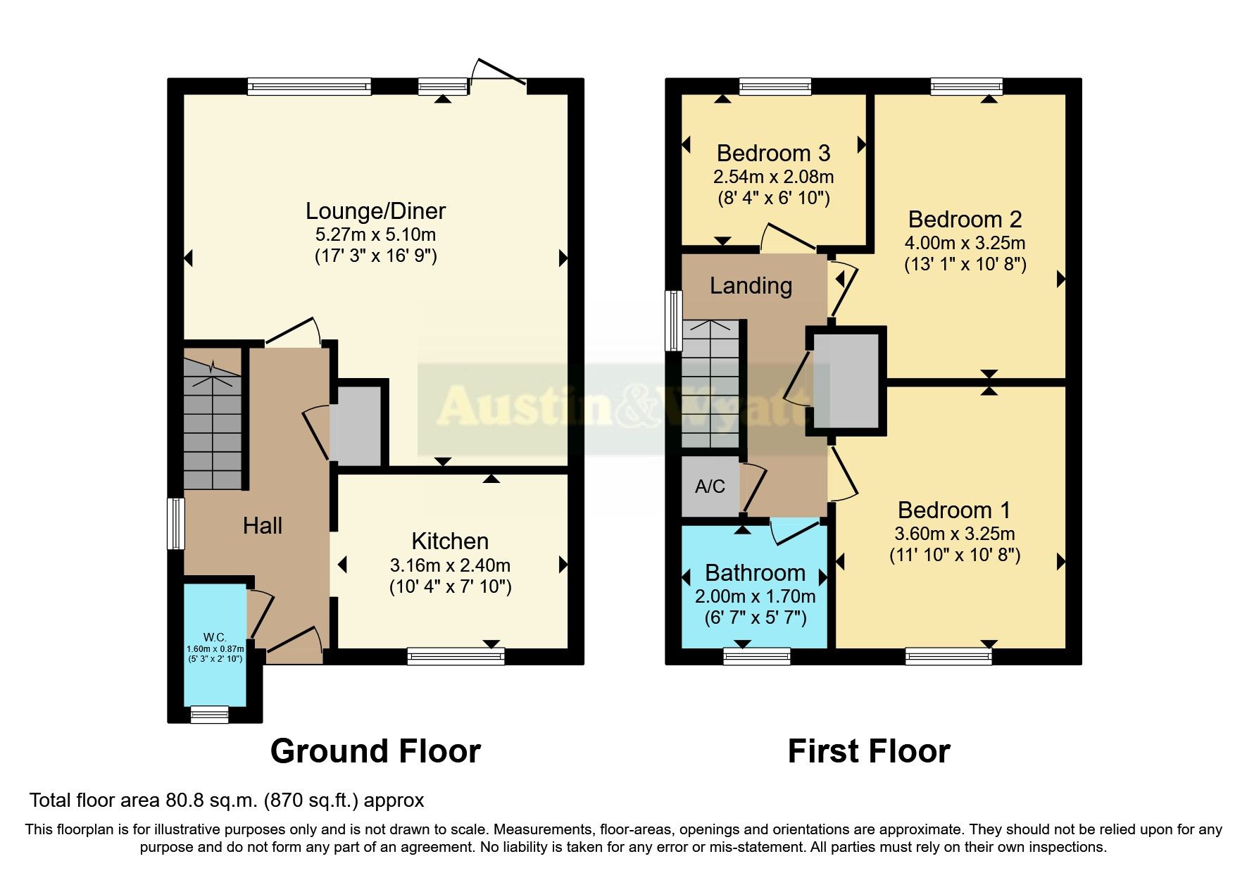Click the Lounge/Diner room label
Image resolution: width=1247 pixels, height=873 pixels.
click(x=375, y=211)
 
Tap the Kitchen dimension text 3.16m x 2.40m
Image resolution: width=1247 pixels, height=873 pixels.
click(x=450, y=565)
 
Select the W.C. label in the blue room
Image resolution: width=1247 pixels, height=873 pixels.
click(x=215, y=637)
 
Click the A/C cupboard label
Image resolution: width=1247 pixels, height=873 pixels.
click(x=710, y=486)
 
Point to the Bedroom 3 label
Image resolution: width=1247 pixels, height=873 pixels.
click(x=773, y=153)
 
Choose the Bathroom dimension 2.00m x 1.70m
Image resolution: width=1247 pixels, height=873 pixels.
click(x=755, y=597)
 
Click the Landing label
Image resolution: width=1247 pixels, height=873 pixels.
click(x=751, y=286)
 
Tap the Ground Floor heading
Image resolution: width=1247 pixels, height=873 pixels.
click(x=375, y=751)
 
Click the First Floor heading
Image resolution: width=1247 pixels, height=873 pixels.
click(x=869, y=751)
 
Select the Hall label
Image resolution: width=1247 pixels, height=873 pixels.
click(x=263, y=526)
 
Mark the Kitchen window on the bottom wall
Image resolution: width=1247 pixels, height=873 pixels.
click(x=456, y=657)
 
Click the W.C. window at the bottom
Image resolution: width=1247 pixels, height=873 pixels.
click(x=210, y=715)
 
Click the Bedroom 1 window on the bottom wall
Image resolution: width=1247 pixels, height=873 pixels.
click(x=948, y=657)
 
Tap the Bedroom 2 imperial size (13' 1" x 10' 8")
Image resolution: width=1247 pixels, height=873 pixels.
click(x=965, y=265)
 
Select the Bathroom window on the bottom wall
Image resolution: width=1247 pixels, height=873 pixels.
click(x=757, y=657)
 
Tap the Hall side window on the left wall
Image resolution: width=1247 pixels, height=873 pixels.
click(x=175, y=523)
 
